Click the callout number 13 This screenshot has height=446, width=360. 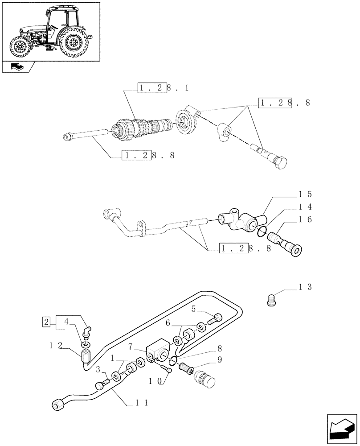(x=306, y=287)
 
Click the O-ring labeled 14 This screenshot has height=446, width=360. (x=262, y=231)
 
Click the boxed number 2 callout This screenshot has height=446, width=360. (x=46, y=321)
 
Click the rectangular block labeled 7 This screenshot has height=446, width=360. (x=157, y=352)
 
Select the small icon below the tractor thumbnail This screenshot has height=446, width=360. (x=18, y=68)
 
